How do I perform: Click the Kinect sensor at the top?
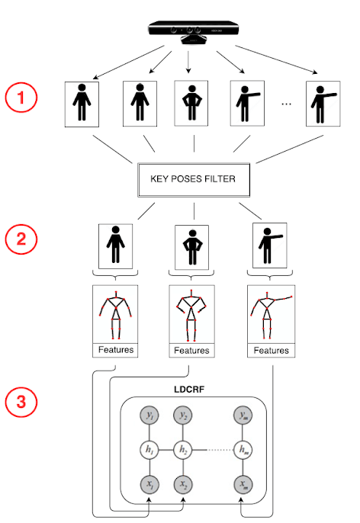click(194, 32)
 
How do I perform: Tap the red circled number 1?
click(21, 98)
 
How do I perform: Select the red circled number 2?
click(21, 239)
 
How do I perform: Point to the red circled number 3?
click(21, 402)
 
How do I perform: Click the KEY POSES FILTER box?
click(194, 179)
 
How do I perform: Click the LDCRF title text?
click(189, 390)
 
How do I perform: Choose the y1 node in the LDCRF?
click(149, 416)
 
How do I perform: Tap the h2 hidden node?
click(183, 450)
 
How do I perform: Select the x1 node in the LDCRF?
click(149, 484)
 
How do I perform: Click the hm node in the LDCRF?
click(243, 450)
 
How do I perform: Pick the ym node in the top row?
click(243, 416)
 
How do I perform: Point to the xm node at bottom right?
click(243, 484)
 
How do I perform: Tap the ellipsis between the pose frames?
click(286, 104)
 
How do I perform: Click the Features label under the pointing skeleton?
click(272, 350)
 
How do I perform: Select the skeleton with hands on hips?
click(191, 315)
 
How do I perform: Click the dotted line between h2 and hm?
click(220, 450)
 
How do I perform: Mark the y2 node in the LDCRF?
click(183, 416)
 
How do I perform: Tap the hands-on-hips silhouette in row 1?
click(191, 103)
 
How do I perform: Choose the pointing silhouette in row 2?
click(270, 245)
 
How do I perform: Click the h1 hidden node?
click(149, 450)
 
